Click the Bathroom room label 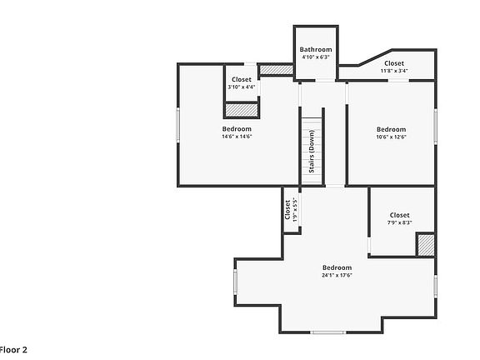click(x=316, y=50)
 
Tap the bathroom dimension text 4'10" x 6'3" click(x=316, y=57)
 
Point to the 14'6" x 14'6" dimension click(x=237, y=137)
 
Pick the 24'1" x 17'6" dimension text click(x=337, y=275)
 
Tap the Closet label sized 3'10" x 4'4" click(x=242, y=80)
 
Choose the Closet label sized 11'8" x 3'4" click(x=394, y=63)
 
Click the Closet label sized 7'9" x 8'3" click(x=400, y=215)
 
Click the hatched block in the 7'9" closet click(x=426, y=245)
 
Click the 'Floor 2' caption click(x=13, y=350)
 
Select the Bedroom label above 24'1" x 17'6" click(x=337, y=267)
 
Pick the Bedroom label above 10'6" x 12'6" click(x=391, y=129)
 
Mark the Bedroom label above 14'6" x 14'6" click(x=237, y=129)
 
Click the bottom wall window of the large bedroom click(x=328, y=332)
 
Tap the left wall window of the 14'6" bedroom click(x=178, y=125)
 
